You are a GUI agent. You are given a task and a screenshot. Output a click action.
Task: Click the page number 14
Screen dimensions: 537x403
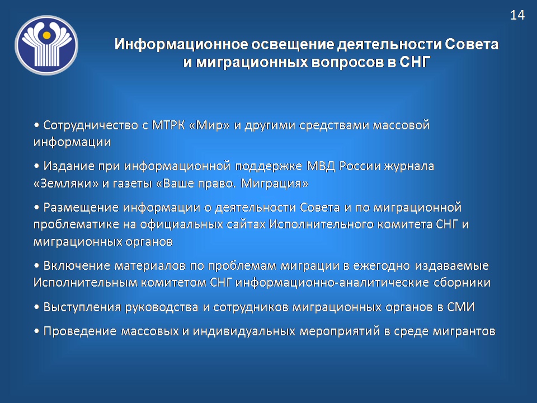517,15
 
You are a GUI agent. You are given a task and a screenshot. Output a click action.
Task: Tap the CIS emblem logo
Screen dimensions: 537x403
46,45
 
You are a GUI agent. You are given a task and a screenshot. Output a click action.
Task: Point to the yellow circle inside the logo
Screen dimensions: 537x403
47,35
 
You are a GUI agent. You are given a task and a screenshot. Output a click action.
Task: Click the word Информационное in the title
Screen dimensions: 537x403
181,45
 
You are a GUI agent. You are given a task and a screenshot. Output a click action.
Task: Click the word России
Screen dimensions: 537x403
360,166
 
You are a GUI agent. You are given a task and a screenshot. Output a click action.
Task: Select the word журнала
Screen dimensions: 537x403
409,167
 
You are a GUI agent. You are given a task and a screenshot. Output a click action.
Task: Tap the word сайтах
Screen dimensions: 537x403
246,224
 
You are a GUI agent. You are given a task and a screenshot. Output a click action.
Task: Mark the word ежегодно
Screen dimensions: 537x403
381,266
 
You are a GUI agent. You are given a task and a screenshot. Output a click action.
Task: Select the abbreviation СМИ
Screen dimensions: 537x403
460,307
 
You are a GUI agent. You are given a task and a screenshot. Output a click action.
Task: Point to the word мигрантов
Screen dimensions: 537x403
464,331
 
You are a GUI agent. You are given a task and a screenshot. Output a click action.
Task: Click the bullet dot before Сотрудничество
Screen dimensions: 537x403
36,125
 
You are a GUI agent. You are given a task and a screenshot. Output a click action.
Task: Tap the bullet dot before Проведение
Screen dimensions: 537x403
36,331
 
